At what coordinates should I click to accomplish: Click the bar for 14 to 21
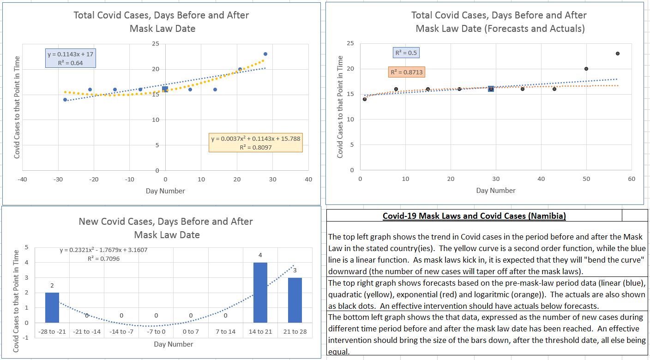[x=260, y=293]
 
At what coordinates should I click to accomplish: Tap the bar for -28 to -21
[x=52, y=307]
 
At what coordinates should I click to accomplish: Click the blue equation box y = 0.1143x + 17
[x=70, y=58]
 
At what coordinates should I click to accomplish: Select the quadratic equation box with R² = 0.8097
[x=255, y=143]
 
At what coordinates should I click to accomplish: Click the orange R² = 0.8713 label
[x=406, y=72]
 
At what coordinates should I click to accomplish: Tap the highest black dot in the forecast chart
[x=618, y=54]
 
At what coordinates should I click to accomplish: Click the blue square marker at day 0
[x=165, y=89]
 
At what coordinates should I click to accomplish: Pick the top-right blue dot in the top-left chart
[x=265, y=54]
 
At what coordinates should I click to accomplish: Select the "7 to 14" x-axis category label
[x=225, y=331]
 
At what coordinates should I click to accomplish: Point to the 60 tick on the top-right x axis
[x=632, y=179]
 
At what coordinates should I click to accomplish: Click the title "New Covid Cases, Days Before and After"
[x=166, y=222]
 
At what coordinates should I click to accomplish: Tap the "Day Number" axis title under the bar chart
[x=174, y=344]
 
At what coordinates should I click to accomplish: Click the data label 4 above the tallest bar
[x=260, y=255]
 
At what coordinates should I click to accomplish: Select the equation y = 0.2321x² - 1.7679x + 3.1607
[x=104, y=250]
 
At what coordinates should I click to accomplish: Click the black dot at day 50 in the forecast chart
[x=586, y=69]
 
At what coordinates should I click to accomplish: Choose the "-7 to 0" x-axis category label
[x=156, y=331]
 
